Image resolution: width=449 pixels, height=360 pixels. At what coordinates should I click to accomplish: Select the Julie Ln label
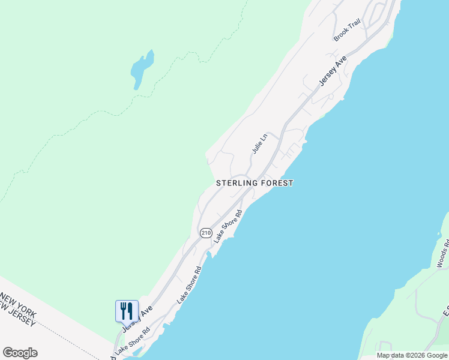click(259, 143)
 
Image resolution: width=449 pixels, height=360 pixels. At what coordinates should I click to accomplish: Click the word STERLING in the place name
click(237, 183)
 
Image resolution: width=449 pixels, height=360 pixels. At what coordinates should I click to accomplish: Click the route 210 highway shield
click(206, 232)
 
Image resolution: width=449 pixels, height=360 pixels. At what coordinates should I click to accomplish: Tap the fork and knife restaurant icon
click(127, 311)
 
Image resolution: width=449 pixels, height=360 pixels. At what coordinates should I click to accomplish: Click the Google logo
click(20, 353)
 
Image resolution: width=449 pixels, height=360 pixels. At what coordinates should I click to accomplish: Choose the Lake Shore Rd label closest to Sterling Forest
click(228, 227)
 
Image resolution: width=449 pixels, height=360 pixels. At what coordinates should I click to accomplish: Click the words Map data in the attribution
click(388, 355)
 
